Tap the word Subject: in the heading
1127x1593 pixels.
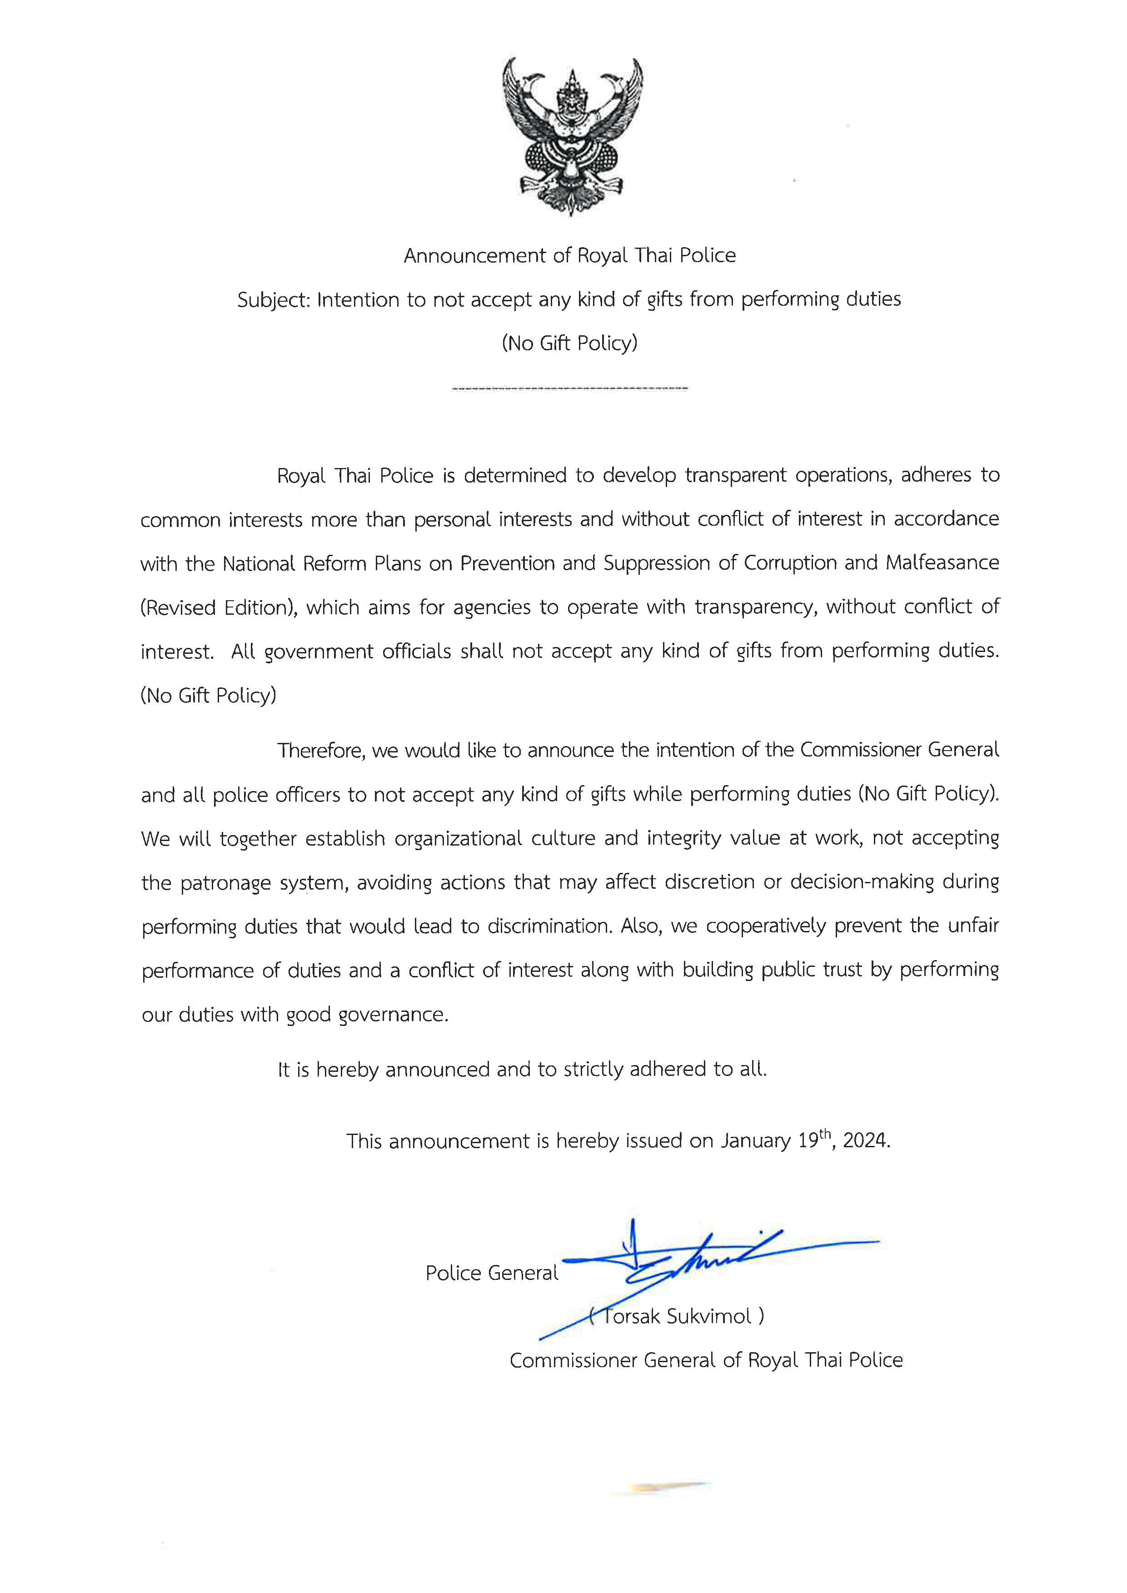pyautogui.click(x=274, y=300)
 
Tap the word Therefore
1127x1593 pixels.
pyautogui.click(x=321, y=751)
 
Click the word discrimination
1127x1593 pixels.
pyautogui.click(x=548, y=926)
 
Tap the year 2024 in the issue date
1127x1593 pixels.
pyautogui.click(x=865, y=1141)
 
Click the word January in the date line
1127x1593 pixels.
pyautogui.click(x=755, y=1141)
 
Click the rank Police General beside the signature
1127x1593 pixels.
pyautogui.click(x=491, y=1273)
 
